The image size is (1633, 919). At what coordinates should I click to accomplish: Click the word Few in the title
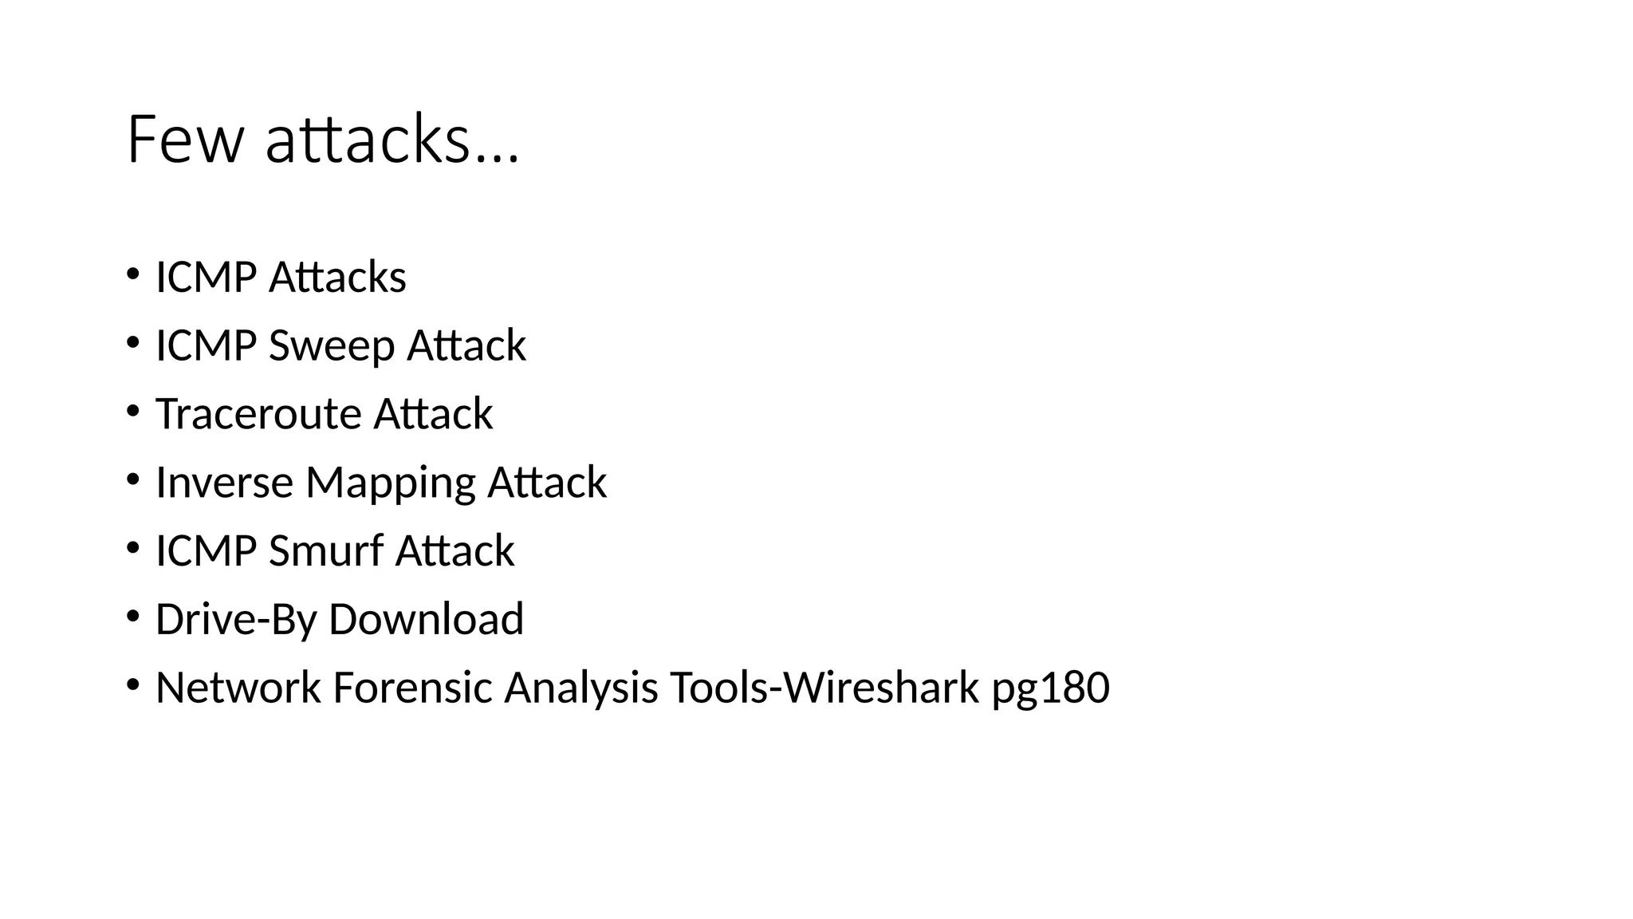(184, 140)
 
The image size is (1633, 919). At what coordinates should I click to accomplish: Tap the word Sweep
(332, 346)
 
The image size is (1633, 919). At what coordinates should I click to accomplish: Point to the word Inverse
(224, 483)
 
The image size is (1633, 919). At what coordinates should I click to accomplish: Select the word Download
(426, 619)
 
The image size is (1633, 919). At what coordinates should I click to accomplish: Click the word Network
(238, 688)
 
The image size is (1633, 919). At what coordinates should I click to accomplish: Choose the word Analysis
(580, 688)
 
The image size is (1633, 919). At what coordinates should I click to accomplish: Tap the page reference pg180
(1050, 688)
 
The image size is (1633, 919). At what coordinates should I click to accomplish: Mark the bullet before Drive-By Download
(132, 616)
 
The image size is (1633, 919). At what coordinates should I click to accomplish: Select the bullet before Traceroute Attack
(132, 411)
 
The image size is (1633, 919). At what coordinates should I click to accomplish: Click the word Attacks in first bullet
(337, 278)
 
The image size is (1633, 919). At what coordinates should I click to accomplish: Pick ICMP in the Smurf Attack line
(206, 551)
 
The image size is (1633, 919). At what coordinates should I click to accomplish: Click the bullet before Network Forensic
(132, 684)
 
